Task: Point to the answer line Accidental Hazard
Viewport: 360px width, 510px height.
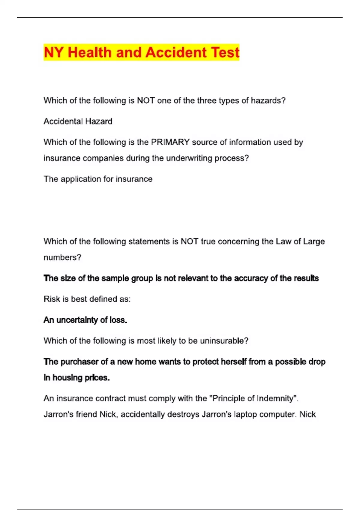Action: (x=78, y=121)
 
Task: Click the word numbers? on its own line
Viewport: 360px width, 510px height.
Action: (x=62, y=257)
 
